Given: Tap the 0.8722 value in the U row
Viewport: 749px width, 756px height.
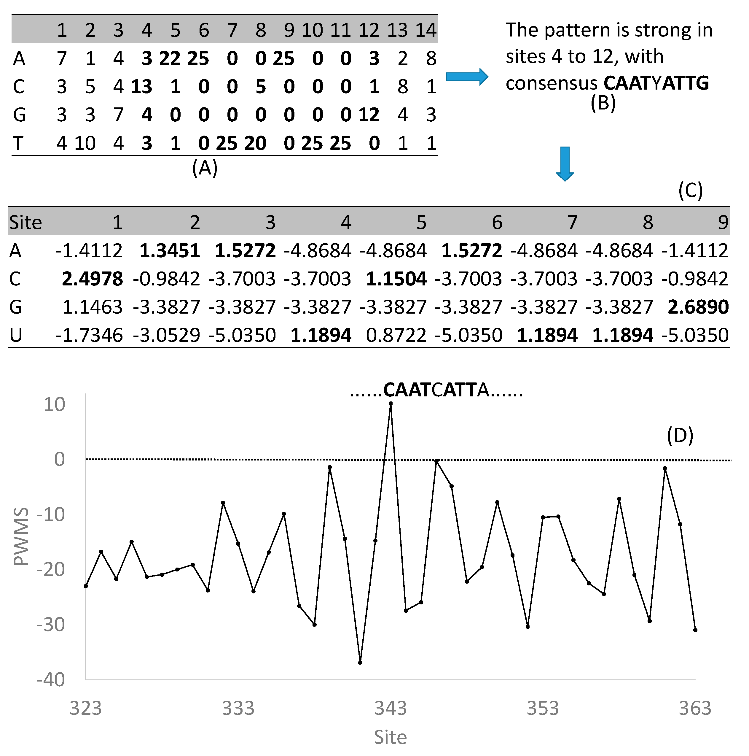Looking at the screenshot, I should click(x=396, y=335).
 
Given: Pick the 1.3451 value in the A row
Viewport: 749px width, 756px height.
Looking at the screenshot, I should click(x=170, y=251).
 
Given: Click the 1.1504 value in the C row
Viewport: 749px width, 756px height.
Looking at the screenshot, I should click(x=396, y=279).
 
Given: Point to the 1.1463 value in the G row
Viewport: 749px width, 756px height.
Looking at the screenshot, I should click(x=92, y=307).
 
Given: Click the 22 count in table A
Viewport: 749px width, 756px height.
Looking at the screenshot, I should click(x=170, y=59).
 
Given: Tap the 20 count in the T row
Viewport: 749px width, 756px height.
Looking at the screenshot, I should click(x=255, y=143).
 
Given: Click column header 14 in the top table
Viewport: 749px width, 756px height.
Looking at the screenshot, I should click(x=426, y=30).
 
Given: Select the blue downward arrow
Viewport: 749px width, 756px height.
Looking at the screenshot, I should click(x=565, y=163).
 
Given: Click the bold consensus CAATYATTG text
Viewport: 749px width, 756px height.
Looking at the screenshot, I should click(x=656, y=83).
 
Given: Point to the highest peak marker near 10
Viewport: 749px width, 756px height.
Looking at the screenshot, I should click(x=390, y=404).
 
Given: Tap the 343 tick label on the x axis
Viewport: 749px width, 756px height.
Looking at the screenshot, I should click(x=390, y=708).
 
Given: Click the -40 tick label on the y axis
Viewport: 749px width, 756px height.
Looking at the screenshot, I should click(x=50, y=680).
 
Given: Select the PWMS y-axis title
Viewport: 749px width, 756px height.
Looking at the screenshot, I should click(x=21, y=537).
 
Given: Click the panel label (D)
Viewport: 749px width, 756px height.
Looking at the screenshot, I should click(x=680, y=436).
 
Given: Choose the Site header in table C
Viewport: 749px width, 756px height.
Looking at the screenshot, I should click(x=26, y=222).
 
